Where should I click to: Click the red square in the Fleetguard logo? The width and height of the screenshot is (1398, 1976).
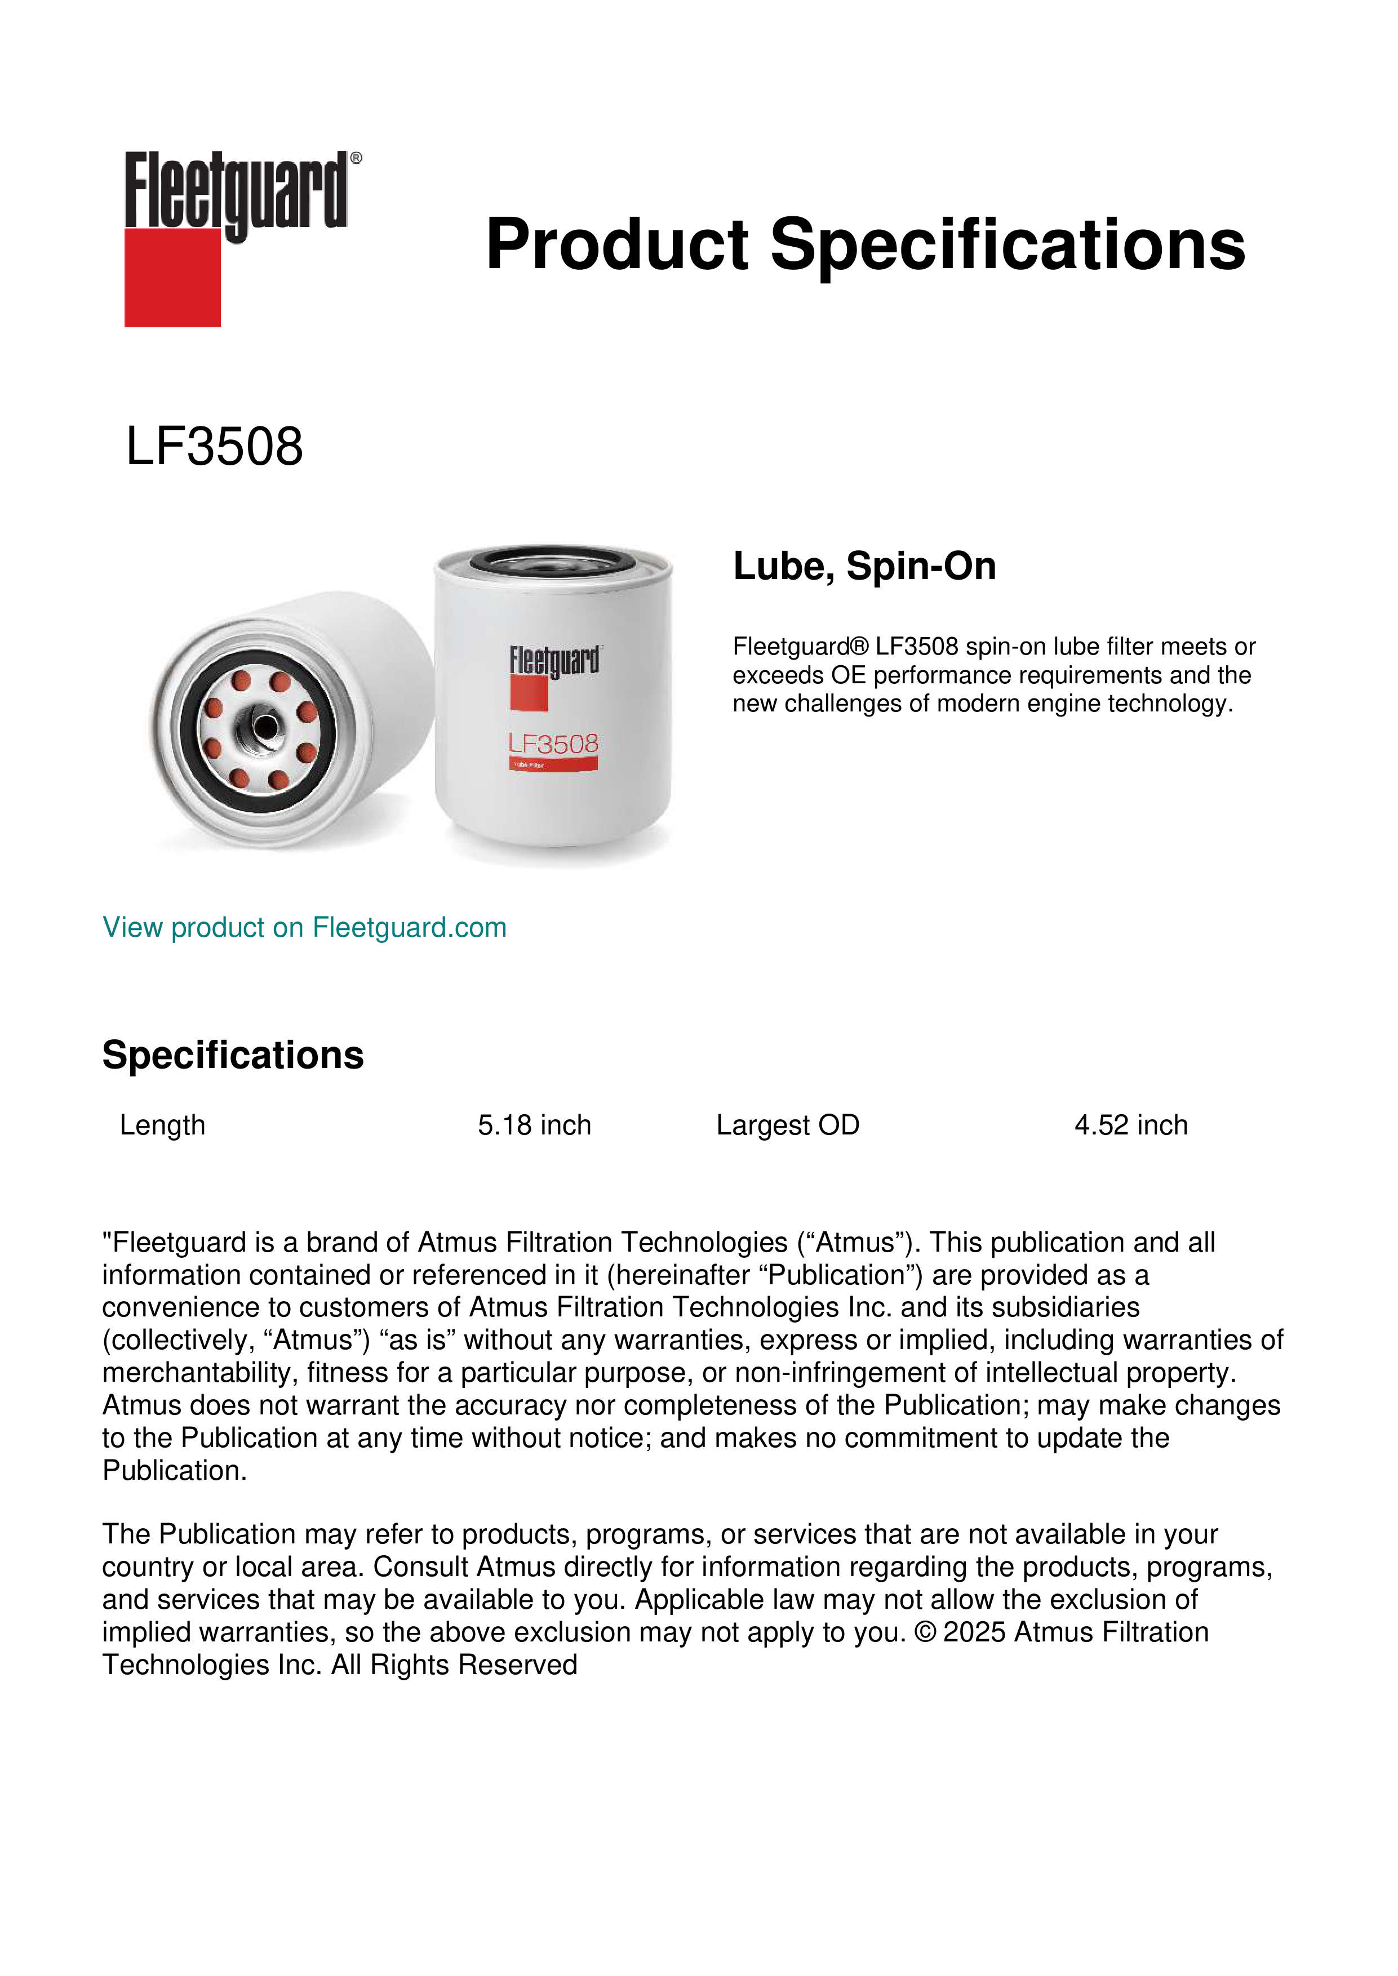click(x=172, y=277)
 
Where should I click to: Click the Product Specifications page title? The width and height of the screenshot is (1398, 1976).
click(x=865, y=244)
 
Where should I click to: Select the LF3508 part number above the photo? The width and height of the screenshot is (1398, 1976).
click(x=214, y=447)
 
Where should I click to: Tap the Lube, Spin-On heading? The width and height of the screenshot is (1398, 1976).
click(x=864, y=566)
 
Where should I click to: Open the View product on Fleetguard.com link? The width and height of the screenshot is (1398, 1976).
click(x=305, y=928)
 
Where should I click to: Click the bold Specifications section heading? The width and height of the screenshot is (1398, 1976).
click(x=232, y=1055)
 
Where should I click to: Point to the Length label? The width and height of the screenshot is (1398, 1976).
click(x=163, y=1125)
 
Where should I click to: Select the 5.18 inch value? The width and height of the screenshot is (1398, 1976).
click(x=535, y=1125)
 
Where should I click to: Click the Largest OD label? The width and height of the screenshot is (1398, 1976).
click(x=788, y=1125)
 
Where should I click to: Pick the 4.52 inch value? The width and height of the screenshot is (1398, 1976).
click(x=1131, y=1125)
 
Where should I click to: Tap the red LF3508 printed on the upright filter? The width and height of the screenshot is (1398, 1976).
click(x=553, y=744)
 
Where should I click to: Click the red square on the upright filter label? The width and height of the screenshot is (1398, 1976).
click(x=529, y=693)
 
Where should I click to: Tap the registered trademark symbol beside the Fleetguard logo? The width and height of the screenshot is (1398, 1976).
click(x=356, y=158)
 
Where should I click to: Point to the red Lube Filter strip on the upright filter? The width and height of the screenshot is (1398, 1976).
click(x=553, y=764)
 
